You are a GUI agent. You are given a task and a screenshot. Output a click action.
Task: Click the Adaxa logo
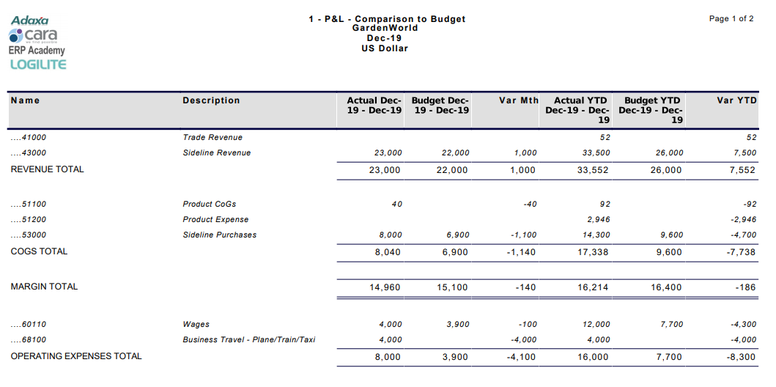tap(29, 21)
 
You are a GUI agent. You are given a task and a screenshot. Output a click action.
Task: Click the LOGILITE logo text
tap(38, 64)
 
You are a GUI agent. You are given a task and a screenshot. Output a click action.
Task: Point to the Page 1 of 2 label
tap(731, 19)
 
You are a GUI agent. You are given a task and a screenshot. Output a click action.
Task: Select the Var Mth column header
tap(518, 100)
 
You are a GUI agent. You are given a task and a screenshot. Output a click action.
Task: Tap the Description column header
tap(211, 100)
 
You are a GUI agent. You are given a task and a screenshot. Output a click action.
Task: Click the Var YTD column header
tap(736, 100)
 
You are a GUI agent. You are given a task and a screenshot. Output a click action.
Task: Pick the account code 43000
tap(29, 153)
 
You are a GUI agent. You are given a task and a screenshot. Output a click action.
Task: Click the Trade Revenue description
tap(213, 138)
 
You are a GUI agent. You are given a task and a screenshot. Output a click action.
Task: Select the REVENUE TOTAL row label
tap(47, 169)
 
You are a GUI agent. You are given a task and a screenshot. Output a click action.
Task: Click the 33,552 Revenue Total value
tap(593, 170)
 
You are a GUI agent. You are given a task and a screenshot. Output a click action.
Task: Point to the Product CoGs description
tap(210, 204)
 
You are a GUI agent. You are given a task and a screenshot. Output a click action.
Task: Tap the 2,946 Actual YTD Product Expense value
tap(598, 220)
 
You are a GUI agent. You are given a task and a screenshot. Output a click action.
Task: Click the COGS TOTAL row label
tap(39, 251)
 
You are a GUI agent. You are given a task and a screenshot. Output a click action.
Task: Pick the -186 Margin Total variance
tap(745, 287)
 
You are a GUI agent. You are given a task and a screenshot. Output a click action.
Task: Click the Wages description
tap(196, 325)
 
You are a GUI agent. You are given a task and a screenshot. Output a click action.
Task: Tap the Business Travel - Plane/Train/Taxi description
tap(249, 340)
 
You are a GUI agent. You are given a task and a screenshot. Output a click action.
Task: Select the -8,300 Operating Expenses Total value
tap(739, 357)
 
